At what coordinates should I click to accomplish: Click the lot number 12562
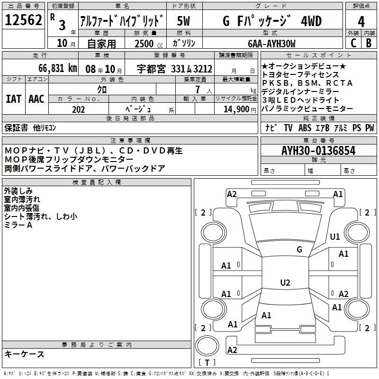23,20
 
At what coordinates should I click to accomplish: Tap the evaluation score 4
361,21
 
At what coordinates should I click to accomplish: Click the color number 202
79,109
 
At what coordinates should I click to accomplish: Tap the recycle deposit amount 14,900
235,109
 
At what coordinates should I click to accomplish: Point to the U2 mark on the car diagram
285,283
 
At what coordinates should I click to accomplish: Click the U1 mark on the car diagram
335,236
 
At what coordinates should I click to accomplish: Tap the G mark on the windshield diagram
299,250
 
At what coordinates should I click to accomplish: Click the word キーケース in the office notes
24,354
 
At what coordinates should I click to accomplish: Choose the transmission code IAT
13,99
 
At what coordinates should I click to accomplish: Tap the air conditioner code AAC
36,99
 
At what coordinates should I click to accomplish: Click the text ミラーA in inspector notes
18,225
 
